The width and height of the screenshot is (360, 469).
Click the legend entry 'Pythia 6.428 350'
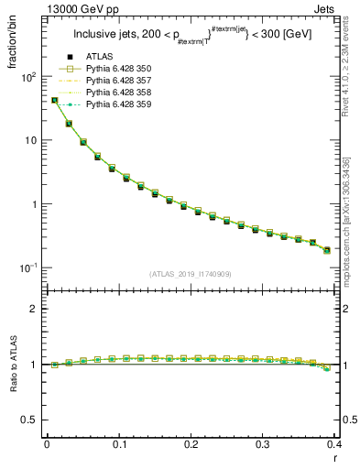[x=118, y=70]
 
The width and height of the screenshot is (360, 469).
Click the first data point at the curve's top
[x=54, y=101]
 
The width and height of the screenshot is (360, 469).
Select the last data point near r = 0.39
[x=327, y=250]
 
